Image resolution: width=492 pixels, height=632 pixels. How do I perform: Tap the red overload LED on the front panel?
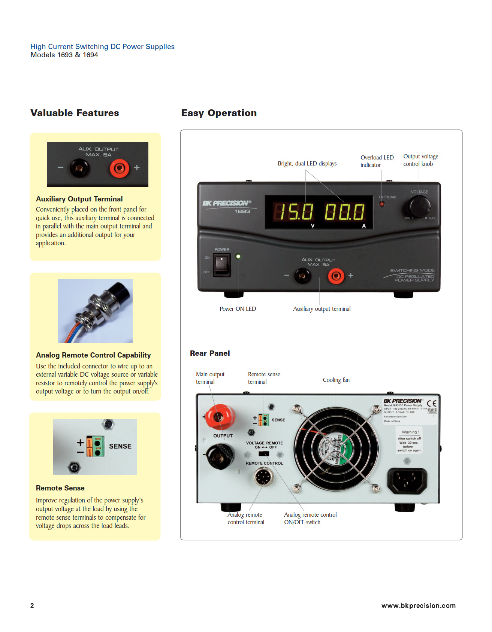click(x=382, y=204)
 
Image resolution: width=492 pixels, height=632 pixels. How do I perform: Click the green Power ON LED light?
click(x=238, y=256)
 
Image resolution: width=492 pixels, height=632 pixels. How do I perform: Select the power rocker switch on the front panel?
click(x=221, y=265)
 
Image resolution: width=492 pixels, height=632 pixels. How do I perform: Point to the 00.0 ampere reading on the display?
click(x=344, y=212)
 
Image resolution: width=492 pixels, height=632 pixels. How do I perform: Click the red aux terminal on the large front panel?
click(x=336, y=276)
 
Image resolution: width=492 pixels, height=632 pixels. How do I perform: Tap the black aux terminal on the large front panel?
click(x=302, y=276)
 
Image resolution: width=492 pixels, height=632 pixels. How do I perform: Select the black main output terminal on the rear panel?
click(x=219, y=455)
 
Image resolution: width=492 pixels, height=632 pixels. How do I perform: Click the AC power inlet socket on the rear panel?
click(x=407, y=481)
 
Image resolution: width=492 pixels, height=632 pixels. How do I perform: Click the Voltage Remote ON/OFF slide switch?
click(x=264, y=454)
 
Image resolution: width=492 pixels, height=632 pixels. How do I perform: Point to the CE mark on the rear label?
click(x=432, y=403)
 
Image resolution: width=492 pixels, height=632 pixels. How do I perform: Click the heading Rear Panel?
click(x=210, y=353)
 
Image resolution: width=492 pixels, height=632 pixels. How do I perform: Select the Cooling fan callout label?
click(x=336, y=380)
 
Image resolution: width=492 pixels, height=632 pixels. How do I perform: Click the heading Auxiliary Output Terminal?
click(x=79, y=199)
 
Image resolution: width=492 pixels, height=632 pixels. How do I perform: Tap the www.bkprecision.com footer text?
click(x=418, y=605)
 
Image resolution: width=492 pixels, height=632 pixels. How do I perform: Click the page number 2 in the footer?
click(x=32, y=605)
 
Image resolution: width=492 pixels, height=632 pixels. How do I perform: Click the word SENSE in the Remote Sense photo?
click(x=120, y=446)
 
